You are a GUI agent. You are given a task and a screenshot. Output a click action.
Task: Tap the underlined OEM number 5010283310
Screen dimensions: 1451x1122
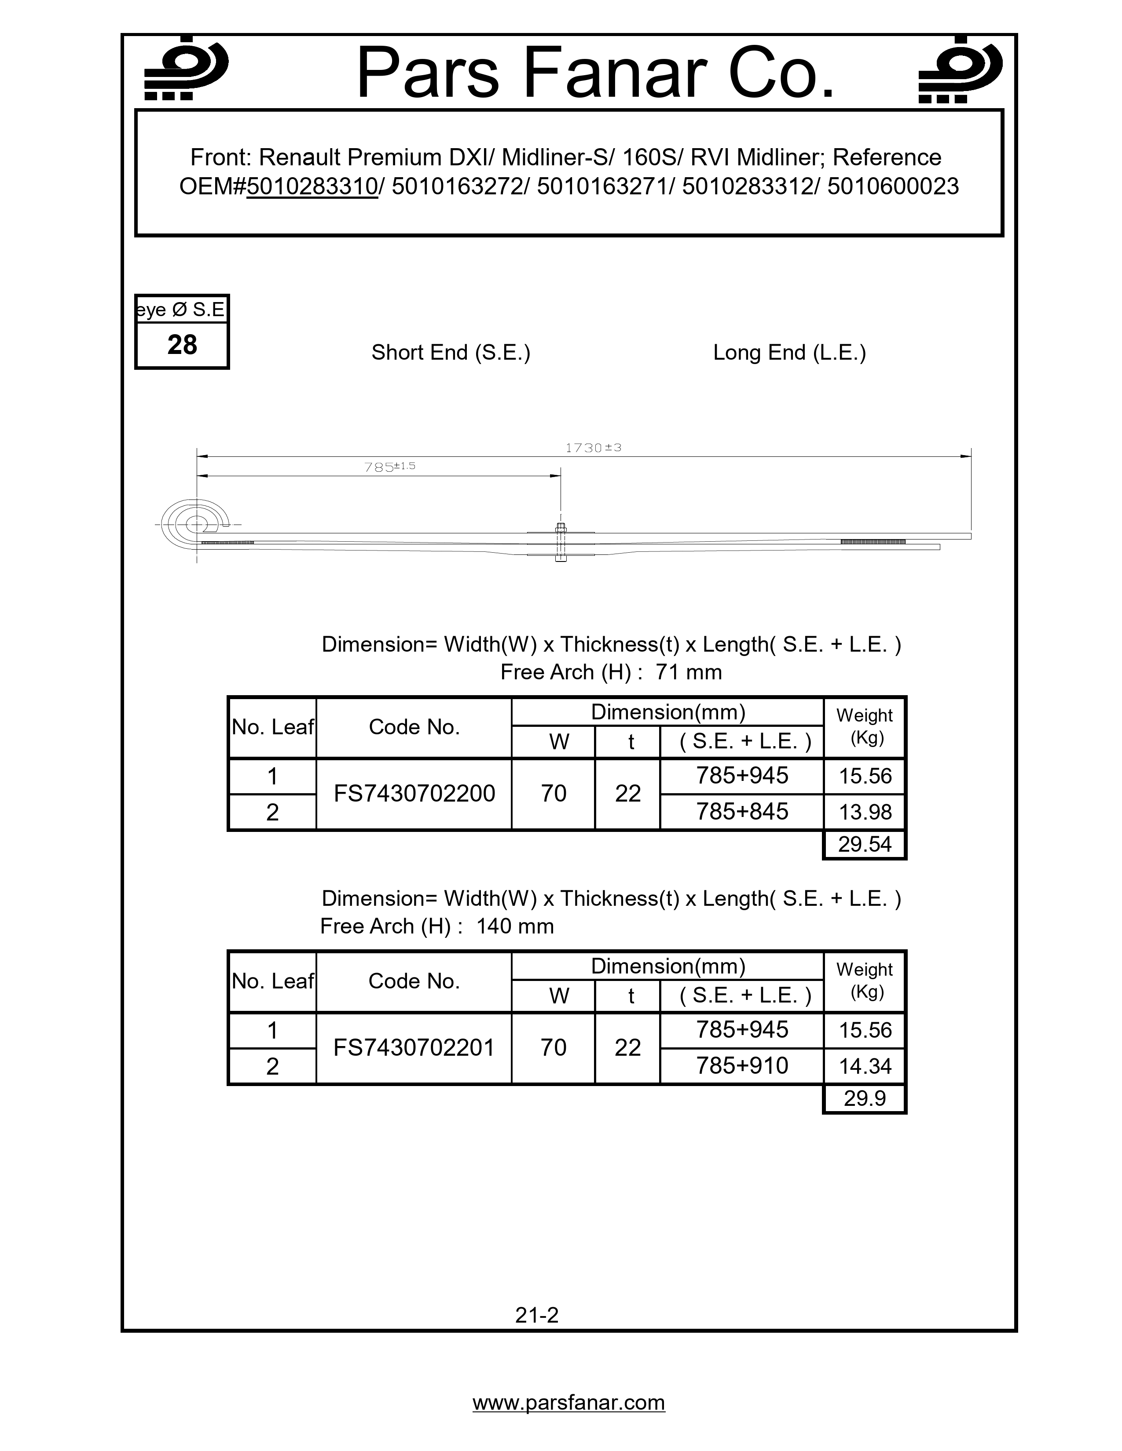coord(312,187)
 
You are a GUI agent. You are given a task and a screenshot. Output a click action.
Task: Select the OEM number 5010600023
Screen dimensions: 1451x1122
coord(893,187)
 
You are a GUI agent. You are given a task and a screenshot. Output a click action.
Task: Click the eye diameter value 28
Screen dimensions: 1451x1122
coord(182,345)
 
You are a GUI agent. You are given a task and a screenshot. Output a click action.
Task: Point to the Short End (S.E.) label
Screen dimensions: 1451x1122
coord(451,352)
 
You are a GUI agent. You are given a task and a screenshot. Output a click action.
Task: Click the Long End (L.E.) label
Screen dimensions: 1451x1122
coord(790,352)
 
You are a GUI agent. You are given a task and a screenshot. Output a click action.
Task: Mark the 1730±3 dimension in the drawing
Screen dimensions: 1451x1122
coord(593,448)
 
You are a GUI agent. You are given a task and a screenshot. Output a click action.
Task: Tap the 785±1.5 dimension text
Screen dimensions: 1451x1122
coord(389,467)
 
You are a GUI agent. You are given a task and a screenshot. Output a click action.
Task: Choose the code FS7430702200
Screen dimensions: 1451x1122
coord(414,793)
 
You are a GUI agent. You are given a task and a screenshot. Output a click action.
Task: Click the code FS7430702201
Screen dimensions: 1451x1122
coord(414,1048)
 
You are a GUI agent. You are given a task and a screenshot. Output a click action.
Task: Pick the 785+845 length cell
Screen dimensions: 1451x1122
coord(742,811)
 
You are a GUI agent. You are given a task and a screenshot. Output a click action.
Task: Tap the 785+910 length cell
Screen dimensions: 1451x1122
coord(742,1066)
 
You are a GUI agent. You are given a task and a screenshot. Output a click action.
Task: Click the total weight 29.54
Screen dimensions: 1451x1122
coord(865,844)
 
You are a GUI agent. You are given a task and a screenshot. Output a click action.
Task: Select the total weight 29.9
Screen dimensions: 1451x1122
coord(865,1098)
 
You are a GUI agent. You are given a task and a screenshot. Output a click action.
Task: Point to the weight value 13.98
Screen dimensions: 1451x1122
coord(865,812)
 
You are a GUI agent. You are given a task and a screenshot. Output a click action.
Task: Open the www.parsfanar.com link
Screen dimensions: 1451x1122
coord(569,1403)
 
